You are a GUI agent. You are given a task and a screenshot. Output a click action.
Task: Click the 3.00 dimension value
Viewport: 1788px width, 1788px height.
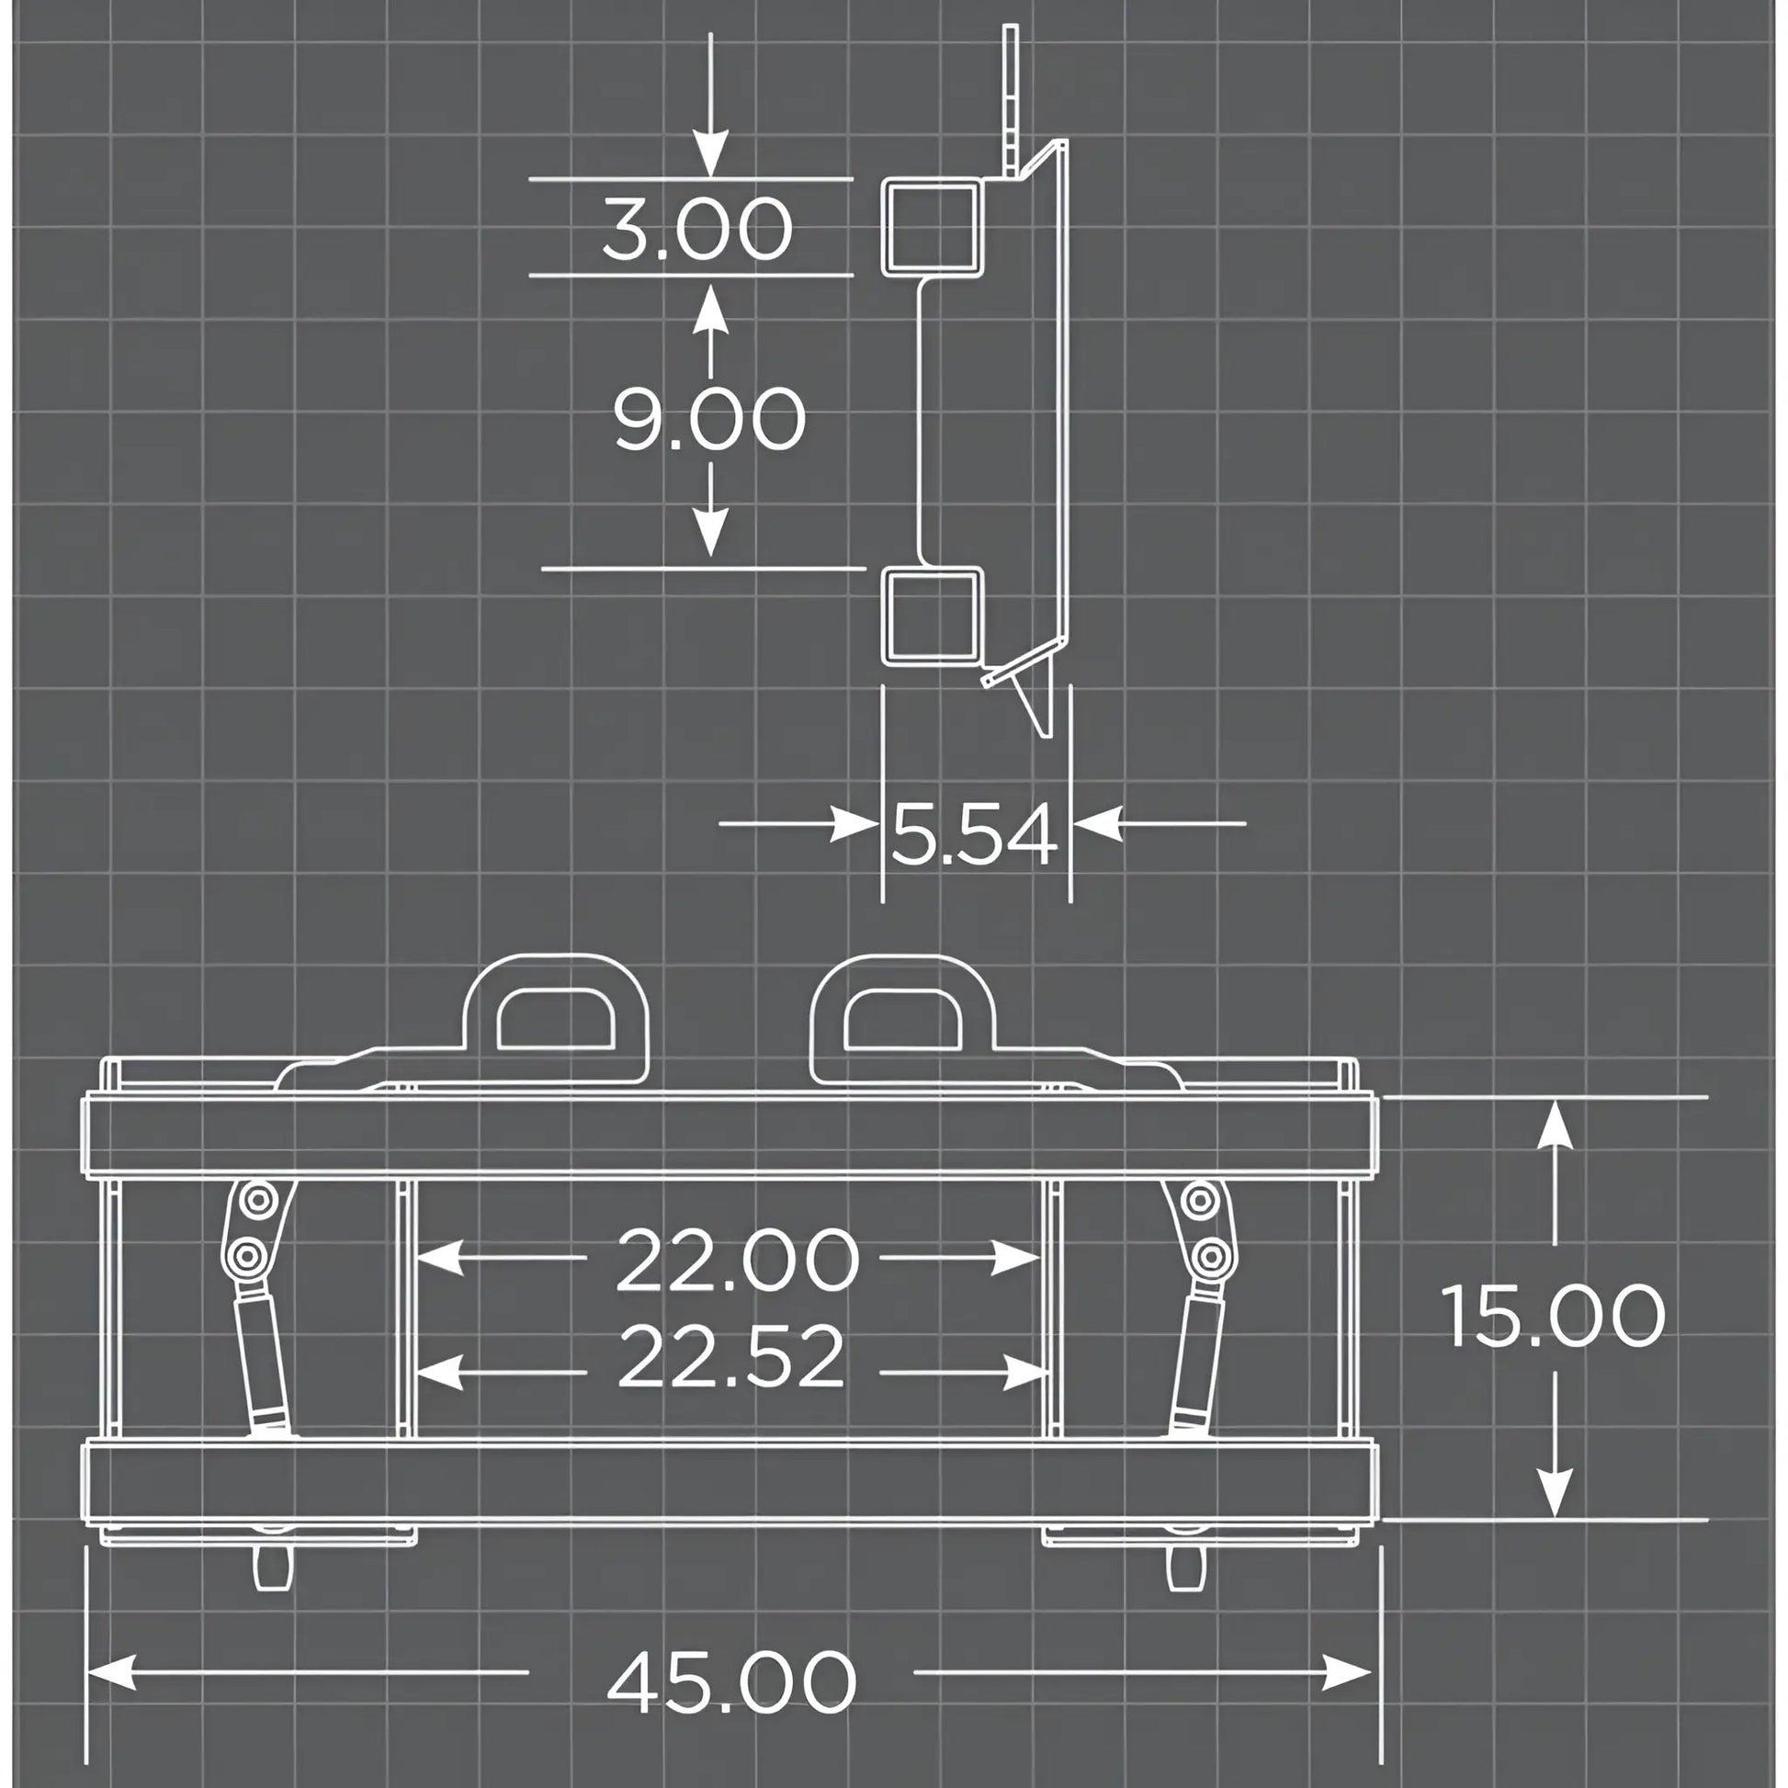(697, 228)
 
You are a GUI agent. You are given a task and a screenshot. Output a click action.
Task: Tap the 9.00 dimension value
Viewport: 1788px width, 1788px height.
(710, 419)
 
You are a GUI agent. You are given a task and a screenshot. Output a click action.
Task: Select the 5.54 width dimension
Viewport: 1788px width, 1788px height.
(974, 834)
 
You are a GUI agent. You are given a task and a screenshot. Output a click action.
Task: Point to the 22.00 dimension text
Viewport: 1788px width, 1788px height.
(738, 1260)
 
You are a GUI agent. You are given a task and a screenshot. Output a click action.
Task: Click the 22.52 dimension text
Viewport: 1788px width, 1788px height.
(731, 1357)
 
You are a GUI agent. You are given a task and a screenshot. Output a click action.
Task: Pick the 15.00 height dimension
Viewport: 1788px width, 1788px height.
(1554, 1315)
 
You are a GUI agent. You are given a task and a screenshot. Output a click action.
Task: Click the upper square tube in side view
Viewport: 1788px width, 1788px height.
(933, 228)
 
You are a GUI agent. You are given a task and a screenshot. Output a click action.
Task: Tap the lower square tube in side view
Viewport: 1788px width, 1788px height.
(933, 616)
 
